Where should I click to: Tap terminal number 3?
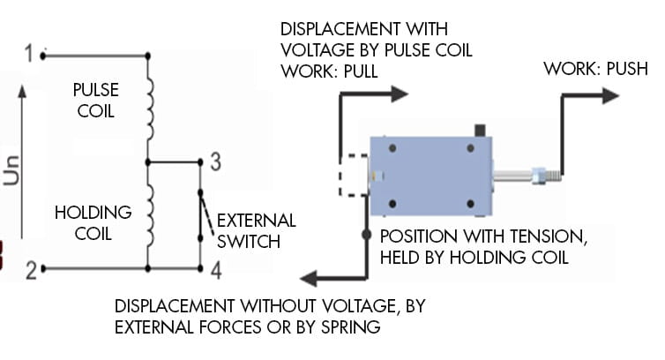(214, 161)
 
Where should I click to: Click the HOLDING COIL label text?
(93, 222)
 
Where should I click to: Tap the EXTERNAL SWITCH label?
(256, 229)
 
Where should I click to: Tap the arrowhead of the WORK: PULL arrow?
(401, 92)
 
